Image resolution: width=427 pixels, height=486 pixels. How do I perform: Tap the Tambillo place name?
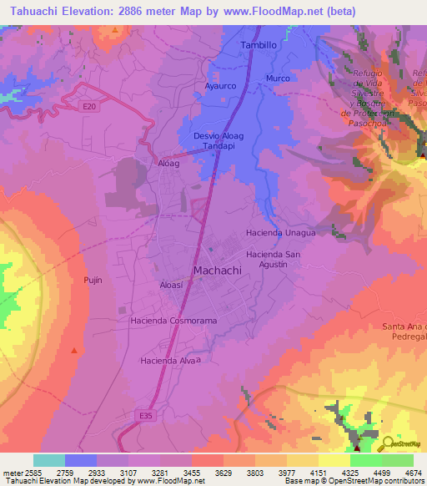click(x=258, y=45)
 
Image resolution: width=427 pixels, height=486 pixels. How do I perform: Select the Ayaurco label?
click(x=222, y=85)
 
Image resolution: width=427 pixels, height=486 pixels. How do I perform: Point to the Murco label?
click(x=277, y=78)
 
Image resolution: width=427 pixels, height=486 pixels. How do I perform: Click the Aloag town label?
click(x=168, y=165)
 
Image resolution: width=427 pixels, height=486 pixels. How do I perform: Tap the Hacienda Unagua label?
click(x=280, y=233)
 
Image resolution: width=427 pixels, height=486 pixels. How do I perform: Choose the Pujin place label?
click(x=93, y=280)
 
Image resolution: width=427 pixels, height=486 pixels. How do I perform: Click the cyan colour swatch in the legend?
click(x=48, y=460)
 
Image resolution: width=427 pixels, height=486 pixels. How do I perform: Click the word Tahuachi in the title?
click(x=33, y=12)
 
